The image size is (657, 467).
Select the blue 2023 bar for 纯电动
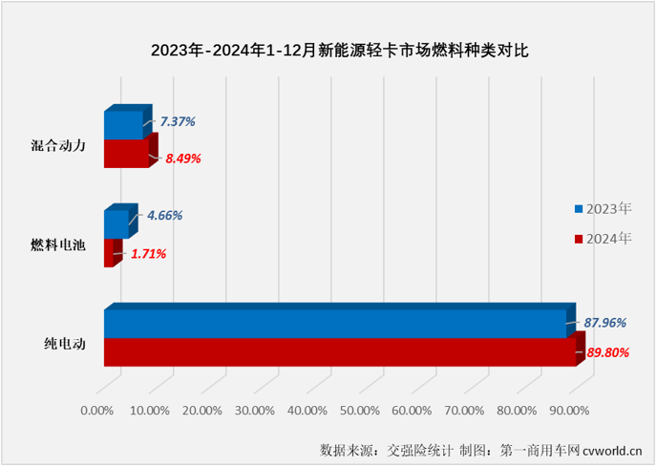pos(334,324)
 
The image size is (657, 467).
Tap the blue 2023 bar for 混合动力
pos(122,125)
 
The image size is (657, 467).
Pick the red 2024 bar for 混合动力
pos(125,153)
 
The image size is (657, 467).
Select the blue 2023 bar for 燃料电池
pos(115,223)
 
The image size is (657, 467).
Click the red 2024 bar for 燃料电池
pos(108,252)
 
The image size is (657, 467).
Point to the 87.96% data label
pos(606,324)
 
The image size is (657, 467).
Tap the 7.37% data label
pos(177,121)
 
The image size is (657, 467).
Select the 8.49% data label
pos(182,159)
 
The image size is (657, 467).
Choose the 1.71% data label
pos(147,253)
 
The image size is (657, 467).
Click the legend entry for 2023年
pos(603,208)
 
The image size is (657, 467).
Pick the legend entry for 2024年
pos(603,237)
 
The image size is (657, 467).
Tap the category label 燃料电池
pos(58,245)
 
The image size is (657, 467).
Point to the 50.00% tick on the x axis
pos(359,411)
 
